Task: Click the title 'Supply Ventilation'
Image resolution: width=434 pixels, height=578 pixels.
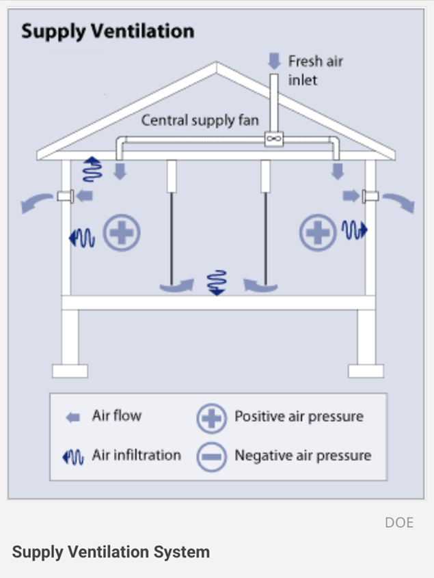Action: [107, 31]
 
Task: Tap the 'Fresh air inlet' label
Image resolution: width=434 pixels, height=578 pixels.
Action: [315, 70]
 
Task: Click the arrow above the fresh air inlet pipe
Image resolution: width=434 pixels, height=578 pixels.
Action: [274, 61]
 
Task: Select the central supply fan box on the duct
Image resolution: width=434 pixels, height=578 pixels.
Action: [274, 139]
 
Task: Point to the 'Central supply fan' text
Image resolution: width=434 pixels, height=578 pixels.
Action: [200, 121]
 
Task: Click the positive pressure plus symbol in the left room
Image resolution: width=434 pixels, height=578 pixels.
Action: [122, 234]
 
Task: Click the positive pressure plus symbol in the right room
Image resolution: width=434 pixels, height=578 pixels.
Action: [317, 234]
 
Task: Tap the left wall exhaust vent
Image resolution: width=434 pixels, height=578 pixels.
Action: [65, 197]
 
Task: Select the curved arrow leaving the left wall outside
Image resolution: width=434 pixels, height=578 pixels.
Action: [37, 202]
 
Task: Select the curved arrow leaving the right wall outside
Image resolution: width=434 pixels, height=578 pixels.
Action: [398, 202]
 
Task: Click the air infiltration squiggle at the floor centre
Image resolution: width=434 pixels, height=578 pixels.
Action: [217, 282]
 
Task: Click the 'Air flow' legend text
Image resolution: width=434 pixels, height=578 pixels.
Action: [117, 416]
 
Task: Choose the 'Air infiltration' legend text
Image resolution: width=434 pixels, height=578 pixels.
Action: [137, 455]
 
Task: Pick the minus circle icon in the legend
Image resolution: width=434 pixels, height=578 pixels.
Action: [211, 456]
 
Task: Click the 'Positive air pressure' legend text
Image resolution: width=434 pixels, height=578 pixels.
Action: [299, 416]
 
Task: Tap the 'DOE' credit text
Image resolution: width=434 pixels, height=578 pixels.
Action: [399, 523]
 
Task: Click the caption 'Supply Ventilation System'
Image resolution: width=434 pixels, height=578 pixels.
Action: [111, 552]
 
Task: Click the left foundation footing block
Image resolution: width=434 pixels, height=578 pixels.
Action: [70, 370]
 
